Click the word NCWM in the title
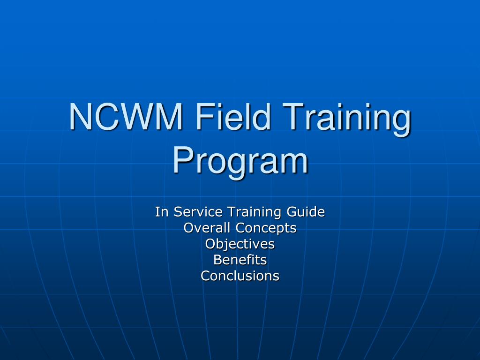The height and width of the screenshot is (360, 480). [126, 117]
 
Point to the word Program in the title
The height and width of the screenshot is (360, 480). [240, 161]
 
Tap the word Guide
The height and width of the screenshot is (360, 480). [306, 212]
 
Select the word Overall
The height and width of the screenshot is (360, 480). [207, 228]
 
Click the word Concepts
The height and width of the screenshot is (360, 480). [266, 228]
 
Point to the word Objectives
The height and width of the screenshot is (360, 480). [240, 244]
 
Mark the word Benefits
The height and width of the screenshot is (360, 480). [240, 260]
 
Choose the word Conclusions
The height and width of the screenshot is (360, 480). [240, 276]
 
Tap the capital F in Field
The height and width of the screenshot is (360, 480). [204, 117]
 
